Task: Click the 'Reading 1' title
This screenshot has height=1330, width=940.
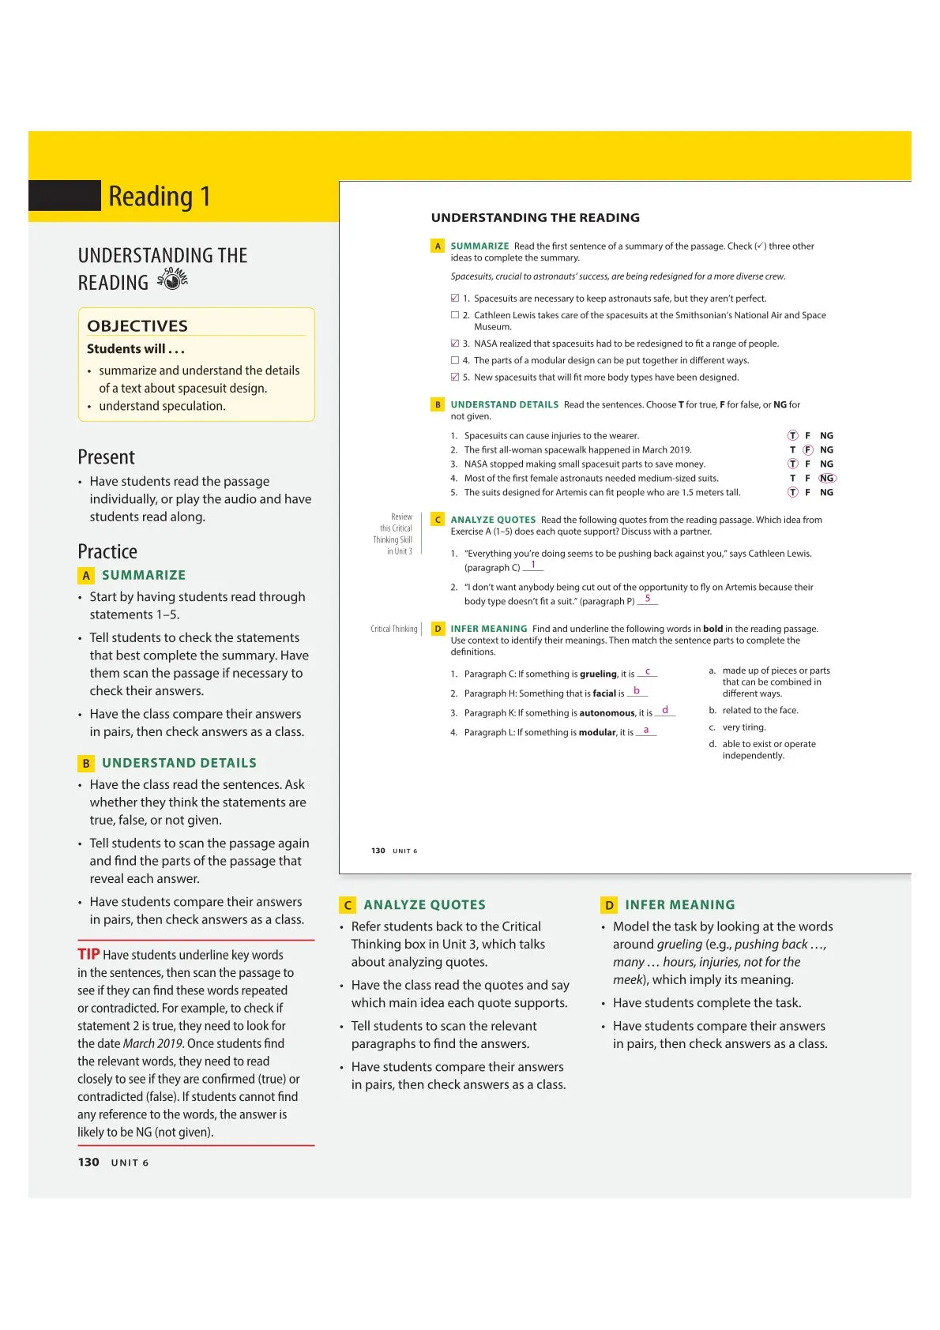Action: point(160,196)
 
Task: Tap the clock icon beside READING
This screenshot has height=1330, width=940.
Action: point(172,280)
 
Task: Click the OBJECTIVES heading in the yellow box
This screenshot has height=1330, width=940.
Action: point(137,325)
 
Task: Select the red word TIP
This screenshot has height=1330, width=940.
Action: point(88,954)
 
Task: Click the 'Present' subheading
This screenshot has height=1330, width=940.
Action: point(106,457)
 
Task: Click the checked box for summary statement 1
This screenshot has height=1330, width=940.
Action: point(455,298)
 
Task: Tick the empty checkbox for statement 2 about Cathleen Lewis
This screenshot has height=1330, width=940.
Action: point(455,314)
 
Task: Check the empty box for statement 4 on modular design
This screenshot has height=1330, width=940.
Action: point(455,360)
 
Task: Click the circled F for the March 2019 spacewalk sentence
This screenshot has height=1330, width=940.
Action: point(808,449)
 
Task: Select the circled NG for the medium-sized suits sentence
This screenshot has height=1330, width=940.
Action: point(827,478)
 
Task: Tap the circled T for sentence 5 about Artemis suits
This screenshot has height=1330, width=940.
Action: point(793,492)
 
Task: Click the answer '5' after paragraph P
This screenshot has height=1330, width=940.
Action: point(648,599)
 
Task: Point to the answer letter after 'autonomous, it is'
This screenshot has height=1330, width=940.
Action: point(665,710)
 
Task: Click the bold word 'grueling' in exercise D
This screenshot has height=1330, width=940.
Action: point(598,674)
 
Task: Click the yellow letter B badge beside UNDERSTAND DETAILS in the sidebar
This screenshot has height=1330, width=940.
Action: point(86,763)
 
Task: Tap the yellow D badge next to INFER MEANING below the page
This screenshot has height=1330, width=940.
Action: point(609,905)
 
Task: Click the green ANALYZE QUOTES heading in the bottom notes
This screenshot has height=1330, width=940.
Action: point(424,905)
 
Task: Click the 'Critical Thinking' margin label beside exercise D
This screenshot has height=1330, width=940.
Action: point(393,629)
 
